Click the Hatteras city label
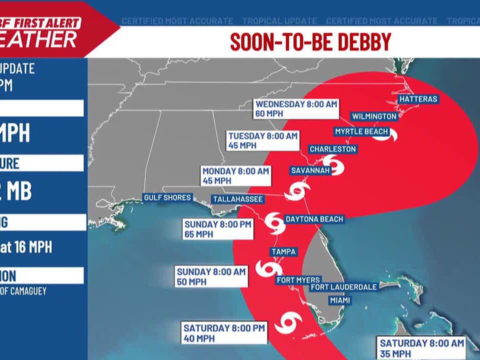click(418, 99)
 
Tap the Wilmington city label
click(374, 116)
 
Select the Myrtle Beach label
click(361, 131)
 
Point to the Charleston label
click(332, 149)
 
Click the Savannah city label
click(310, 170)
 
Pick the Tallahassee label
click(237, 199)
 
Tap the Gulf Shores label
click(167, 197)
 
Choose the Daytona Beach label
click(314, 219)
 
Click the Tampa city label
click(283, 251)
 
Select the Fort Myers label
click(298, 280)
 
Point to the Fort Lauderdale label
click(343, 287)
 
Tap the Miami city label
click(339, 300)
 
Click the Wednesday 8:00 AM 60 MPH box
click(296, 108)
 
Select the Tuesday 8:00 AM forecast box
click(263, 140)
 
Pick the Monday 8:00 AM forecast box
click(235, 175)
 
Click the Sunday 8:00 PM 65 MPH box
click(217, 229)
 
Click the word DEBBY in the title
click(364, 42)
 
